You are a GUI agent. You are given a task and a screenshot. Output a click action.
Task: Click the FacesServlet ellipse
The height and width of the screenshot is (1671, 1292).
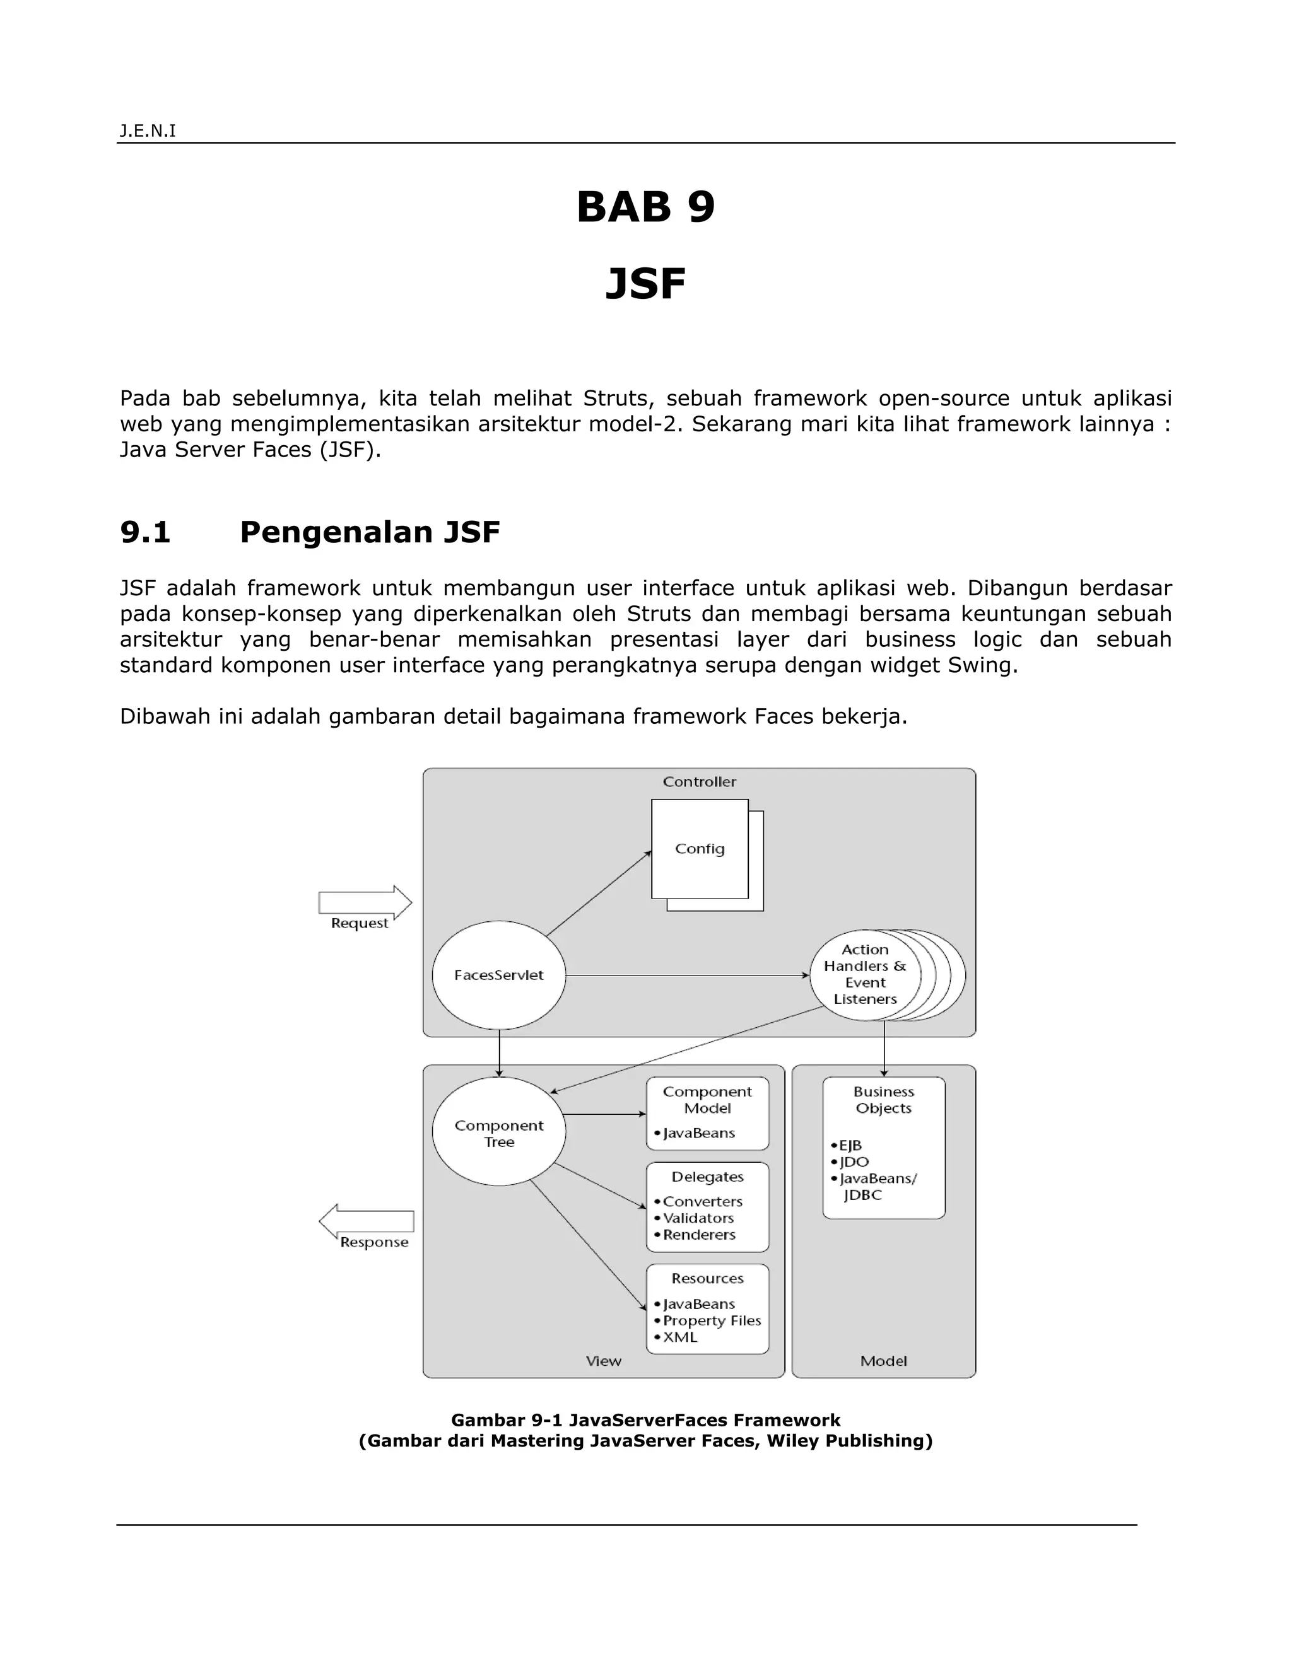[498, 975]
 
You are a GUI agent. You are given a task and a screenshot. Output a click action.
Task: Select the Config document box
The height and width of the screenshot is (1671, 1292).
[700, 849]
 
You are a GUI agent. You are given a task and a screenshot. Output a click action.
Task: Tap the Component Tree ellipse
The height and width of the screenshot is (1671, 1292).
[498, 1133]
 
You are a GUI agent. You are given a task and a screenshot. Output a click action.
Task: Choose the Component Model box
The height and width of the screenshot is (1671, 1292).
[707, 1113]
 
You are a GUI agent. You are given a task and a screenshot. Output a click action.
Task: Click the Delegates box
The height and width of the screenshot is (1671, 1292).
[707, 1206]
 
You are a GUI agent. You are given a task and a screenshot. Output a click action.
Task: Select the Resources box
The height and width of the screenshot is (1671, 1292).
[707, 1308]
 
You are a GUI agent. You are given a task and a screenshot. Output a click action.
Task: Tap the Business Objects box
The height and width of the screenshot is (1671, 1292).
[883, 1147]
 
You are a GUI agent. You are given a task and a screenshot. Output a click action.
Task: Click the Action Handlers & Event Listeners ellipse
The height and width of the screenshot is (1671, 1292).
[865, 974]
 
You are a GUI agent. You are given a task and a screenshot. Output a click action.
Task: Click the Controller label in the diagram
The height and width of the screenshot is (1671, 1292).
[699, 782]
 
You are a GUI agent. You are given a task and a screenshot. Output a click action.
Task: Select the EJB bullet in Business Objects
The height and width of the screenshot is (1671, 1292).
[849, 1145]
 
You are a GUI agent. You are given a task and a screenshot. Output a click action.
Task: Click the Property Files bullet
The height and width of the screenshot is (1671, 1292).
[711, 1320]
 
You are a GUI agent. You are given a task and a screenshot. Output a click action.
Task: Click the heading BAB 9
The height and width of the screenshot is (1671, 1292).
[645, 207]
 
